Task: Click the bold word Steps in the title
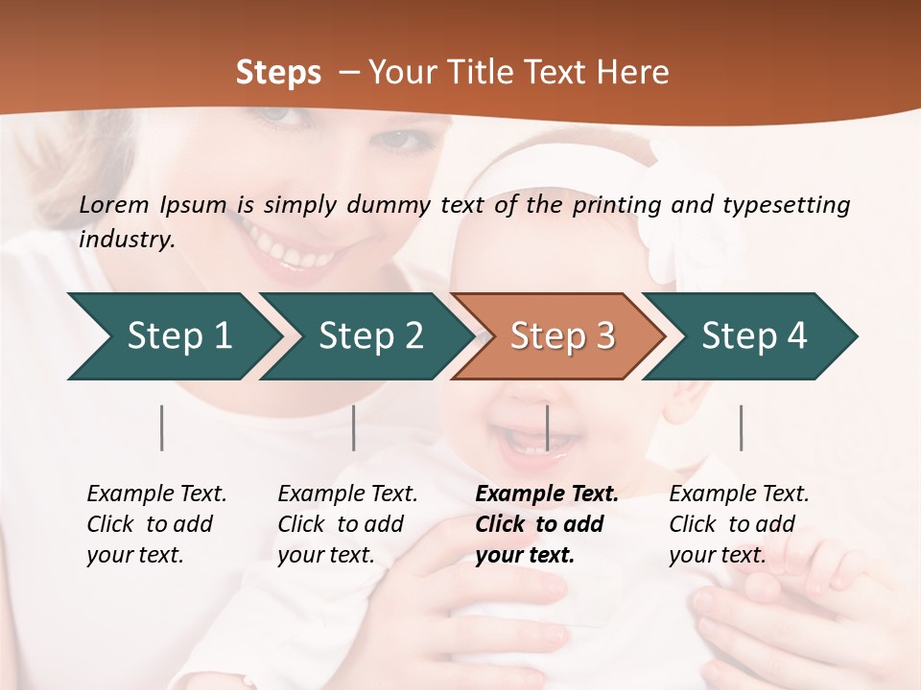point(278,73)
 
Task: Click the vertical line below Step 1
point(162,427)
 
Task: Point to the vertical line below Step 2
point(354,427)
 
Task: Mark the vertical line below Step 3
point(547,427)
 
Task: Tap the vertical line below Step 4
point(741,427)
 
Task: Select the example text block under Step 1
point(156,524)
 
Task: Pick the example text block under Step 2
point(347,524)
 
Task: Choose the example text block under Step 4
point(739,524)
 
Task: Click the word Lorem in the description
point(114,205)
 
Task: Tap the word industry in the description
point(127,240)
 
